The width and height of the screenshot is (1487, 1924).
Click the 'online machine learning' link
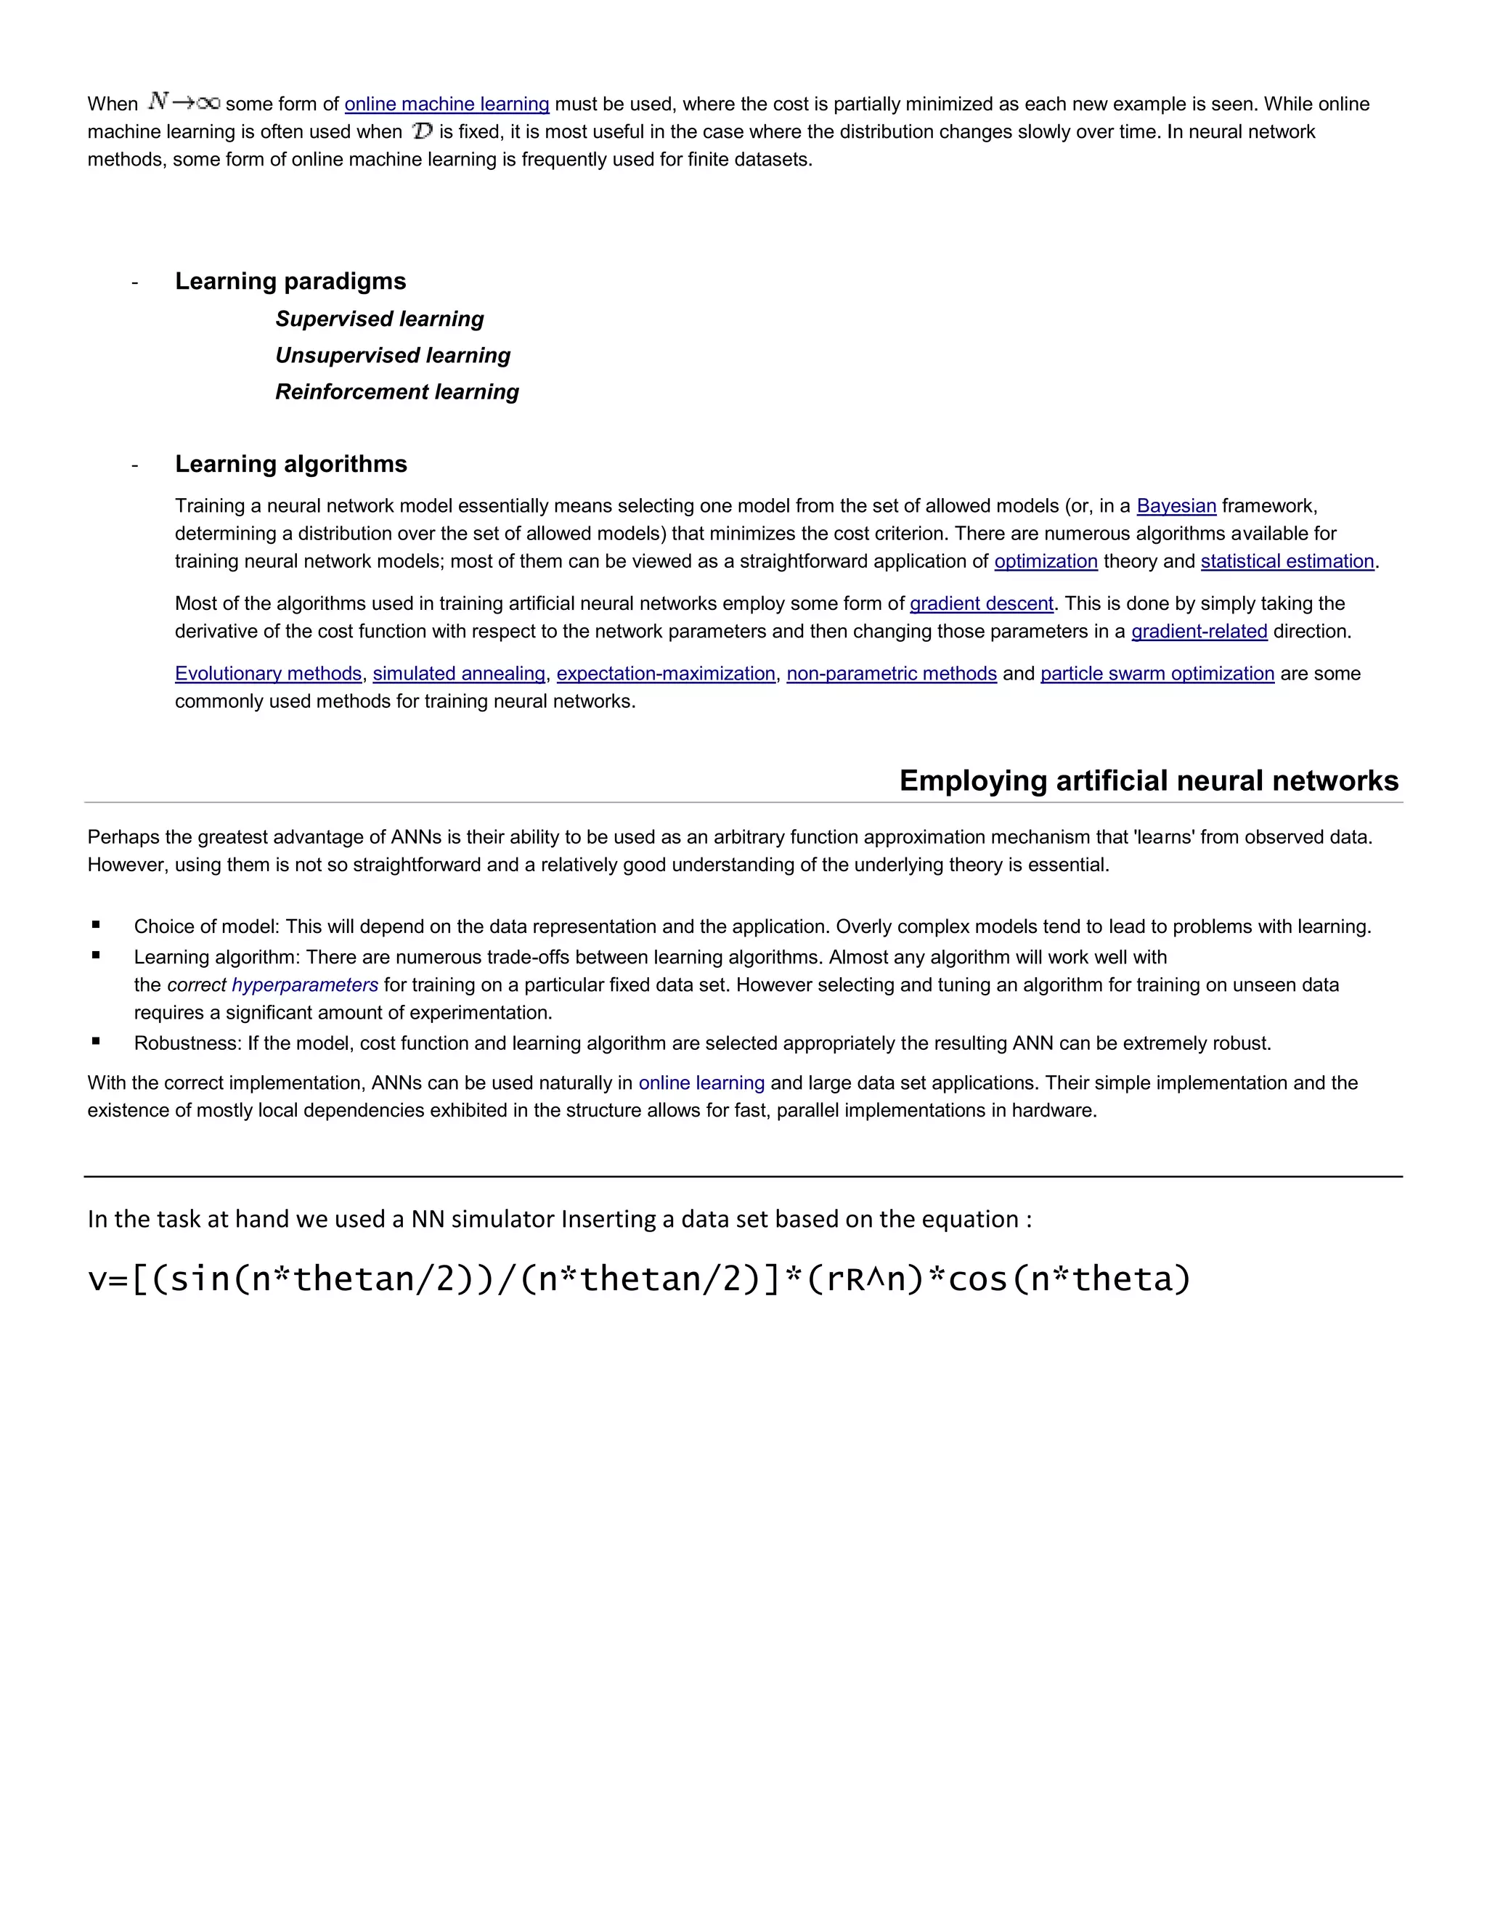point(447,104)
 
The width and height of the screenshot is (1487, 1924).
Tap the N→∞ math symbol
point(183,102)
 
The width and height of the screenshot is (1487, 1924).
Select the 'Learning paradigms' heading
point(290,281)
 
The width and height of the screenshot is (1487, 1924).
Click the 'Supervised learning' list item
point(380,319)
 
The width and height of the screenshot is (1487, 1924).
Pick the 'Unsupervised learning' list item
point(393,355)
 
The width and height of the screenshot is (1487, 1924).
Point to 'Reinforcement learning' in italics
point(397,391)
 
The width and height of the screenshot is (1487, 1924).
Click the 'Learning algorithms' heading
point(290,464)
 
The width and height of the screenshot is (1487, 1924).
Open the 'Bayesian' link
point(1176,505)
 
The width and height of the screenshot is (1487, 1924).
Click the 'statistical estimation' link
point(1287,561)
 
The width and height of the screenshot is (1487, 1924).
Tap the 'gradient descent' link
point(982,603)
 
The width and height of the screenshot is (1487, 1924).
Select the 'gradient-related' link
point(1199,631)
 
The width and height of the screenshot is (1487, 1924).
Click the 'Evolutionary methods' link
point(268,673)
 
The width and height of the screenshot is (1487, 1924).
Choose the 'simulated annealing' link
point(459,673)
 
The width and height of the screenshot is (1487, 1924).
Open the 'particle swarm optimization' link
point(1157,673)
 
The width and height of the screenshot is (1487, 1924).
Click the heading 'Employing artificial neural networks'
point(1149,780)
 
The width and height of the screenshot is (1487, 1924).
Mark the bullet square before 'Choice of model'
point(96,925)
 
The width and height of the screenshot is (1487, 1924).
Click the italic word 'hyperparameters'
point(305,985)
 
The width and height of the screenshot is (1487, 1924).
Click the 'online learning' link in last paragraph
point(701,1083)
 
